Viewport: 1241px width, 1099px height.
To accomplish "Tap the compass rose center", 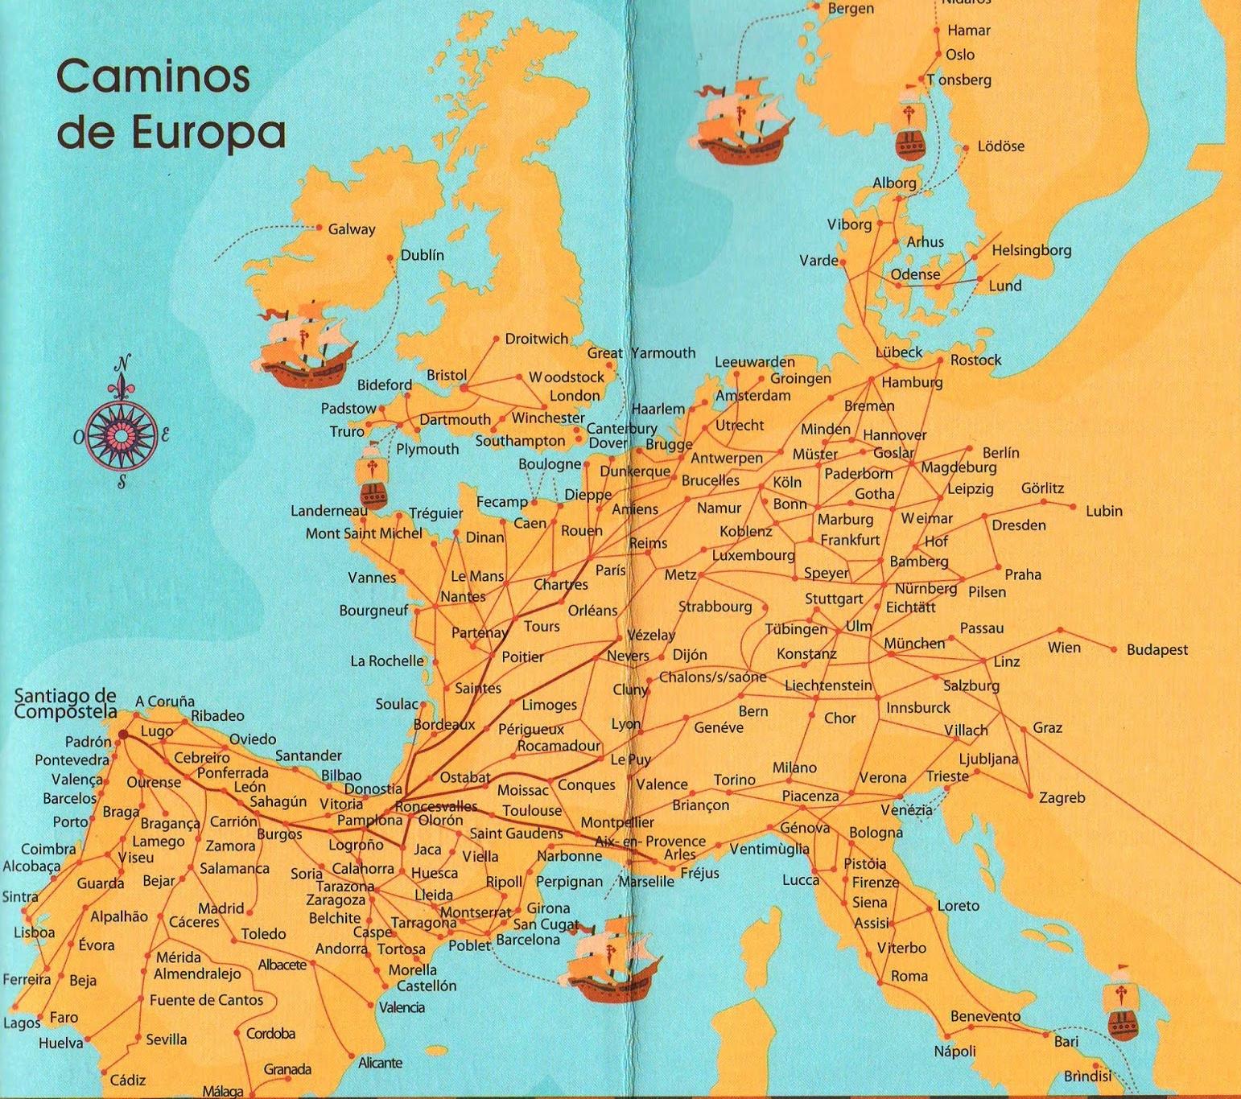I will pos(122,435).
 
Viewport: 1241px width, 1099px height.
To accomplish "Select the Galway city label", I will pos(352,229).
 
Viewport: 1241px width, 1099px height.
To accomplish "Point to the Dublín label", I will pos(422,255).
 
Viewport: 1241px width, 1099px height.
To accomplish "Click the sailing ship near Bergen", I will pos(743,121).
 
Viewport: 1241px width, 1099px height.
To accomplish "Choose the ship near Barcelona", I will pos(611,959).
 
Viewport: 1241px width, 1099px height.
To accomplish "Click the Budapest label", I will pos(1156,650).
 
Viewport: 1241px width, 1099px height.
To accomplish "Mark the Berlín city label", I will pos(1000,453).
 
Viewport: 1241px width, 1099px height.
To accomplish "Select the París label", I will pos(611,570).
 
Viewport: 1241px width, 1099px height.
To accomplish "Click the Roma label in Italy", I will pos(909,976).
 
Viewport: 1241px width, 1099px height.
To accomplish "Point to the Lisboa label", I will pos(35,932).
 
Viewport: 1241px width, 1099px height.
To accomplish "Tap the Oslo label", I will pos(960,55).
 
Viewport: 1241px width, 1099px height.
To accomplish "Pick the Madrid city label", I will pos(221,908).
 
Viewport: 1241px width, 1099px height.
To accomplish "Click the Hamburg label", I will pos(912,382).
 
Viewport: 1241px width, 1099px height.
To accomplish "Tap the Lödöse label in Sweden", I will pos(1001,146).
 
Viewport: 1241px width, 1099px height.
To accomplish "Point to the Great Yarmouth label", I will pos(641,352).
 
